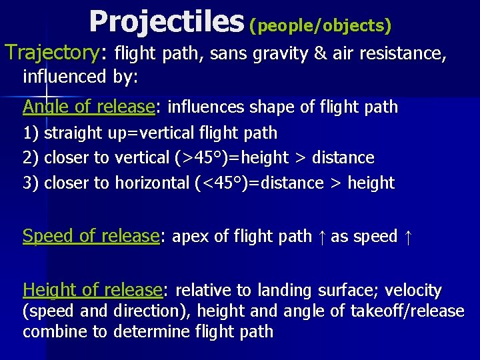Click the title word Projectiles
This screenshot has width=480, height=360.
pos(166,21)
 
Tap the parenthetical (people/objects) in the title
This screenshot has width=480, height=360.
pos(320,26)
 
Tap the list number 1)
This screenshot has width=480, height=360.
pos(31,133)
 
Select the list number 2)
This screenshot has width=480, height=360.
pos(31,158)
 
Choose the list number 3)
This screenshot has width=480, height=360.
pos(31,183)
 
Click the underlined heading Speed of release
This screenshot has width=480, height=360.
pos(91,236)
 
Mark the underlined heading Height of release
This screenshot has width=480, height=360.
pos(92,290)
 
